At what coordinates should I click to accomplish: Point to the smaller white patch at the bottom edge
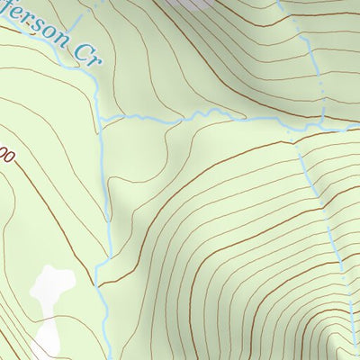point(45,342)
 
